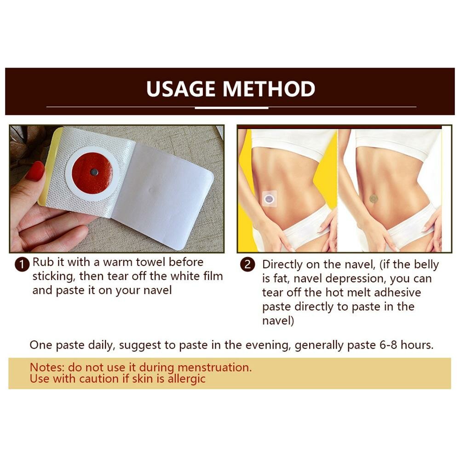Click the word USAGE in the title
tap(181, 89)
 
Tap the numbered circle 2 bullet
tap(248, 264)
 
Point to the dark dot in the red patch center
tap(94, 172)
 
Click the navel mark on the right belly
tap(374, 198)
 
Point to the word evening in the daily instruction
tap(267, 345)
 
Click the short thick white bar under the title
tap(231, 108)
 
